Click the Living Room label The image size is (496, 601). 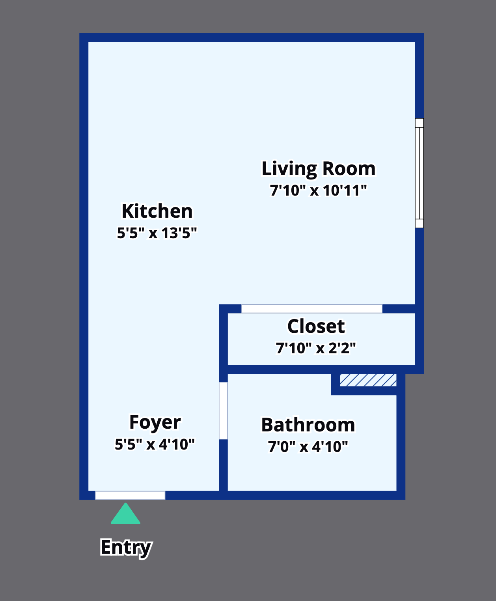pos(319,168)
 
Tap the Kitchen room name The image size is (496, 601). pos(157,211)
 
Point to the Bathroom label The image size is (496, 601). pos(308,425)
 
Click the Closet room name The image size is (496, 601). pos(316,326)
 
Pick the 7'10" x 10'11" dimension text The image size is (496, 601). pos(319,190)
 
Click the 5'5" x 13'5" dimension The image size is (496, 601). pos(157,233)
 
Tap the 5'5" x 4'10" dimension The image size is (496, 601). pos(155,444)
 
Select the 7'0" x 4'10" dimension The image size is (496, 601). pos(308,447)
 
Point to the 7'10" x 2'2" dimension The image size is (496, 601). pos(316,348)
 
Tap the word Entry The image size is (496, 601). pos(126,548)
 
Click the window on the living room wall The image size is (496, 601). pos(419,173)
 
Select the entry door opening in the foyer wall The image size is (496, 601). pos(130,495)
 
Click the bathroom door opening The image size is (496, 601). pos(224,411)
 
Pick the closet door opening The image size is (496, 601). pos(312,308)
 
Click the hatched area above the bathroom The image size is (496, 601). pos(368,380)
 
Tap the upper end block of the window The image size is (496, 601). pos(419,123)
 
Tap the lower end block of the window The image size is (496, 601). pos(419,223)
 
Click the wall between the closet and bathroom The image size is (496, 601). pos(321,369)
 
